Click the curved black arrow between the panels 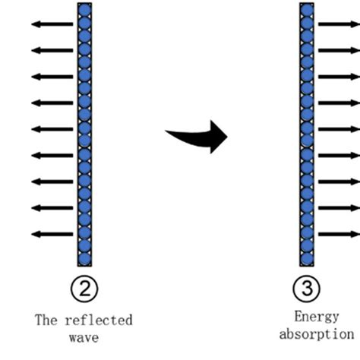coord(199,136)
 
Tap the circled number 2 coord(85,288)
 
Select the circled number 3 coord(307,288)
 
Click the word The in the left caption coord(46,320)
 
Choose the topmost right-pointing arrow coord(338,24)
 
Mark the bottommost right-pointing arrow coord(338,234)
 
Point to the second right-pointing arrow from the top coord(338,50)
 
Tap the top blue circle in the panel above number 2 coord(85,10)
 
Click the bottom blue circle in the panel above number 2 coord(85,255)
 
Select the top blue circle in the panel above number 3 coord(307,10)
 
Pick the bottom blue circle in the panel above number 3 coord(307,255)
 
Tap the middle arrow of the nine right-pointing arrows coord(338,129)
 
